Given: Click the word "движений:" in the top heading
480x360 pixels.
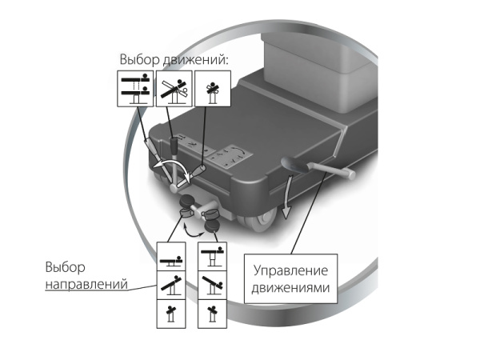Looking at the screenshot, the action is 195,59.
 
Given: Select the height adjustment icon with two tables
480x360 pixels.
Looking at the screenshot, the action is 135,89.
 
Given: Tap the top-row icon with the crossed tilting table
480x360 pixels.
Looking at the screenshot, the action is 174,89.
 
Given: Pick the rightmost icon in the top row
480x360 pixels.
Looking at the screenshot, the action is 213,89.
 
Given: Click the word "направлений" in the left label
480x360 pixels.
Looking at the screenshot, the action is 86,284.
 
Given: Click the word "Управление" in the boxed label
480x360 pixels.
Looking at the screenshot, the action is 291,270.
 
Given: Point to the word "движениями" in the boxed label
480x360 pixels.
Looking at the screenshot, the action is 291,288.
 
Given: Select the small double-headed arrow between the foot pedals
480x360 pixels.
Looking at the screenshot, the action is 194,231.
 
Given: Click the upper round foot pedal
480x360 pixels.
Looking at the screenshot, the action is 186,201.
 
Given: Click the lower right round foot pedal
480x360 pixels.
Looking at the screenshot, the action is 211,227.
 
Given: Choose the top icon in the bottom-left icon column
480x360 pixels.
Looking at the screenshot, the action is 171,257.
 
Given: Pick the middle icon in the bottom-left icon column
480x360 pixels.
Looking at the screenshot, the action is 171,286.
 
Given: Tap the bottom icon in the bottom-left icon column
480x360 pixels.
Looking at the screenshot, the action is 171,314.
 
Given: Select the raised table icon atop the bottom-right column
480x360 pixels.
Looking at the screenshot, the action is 213,257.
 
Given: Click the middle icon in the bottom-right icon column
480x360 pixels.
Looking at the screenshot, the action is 213,286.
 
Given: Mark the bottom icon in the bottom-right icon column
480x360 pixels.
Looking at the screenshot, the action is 213,314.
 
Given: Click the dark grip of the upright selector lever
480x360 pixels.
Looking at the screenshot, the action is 174,146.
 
